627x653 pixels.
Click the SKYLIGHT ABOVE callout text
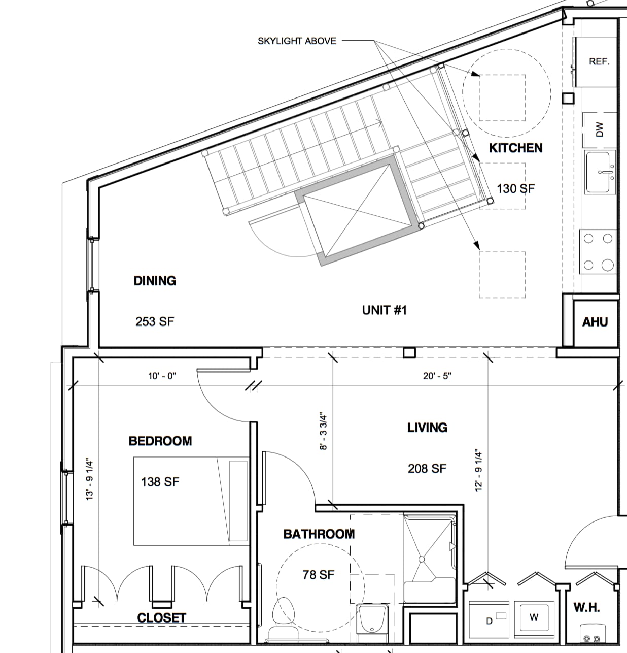pos(297,41)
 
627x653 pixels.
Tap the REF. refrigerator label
pos(599,61)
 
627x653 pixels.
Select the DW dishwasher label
pos(600,129)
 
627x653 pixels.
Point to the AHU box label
pos(595,322)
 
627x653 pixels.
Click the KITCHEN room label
pos(515,148)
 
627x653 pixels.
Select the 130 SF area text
pos(515,188)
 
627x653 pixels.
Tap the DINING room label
pos(155,281)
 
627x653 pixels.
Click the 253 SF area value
pos(155,321)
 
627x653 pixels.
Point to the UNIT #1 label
pos(384,310)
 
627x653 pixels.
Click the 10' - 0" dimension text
pos(162,376)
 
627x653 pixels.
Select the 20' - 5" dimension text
pos(437,376)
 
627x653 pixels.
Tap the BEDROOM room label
pos(160,441)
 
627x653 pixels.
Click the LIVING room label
pos(427,428)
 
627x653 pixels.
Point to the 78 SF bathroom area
pos(319,575)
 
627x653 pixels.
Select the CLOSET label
pos(162,618)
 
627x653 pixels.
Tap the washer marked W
pos(534,617)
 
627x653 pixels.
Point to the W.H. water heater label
pos(586,607)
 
